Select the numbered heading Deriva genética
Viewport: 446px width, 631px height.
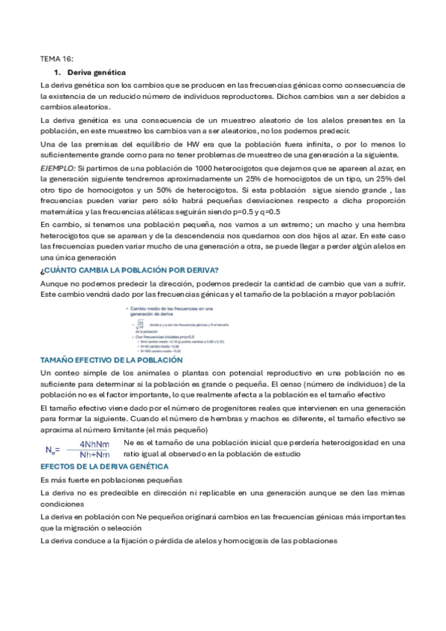click(96, 72)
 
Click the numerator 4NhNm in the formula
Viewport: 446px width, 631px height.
click(94, 444)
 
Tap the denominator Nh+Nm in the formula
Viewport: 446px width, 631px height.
click(94, 455)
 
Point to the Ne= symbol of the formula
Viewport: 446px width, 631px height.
click(52, 449)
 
